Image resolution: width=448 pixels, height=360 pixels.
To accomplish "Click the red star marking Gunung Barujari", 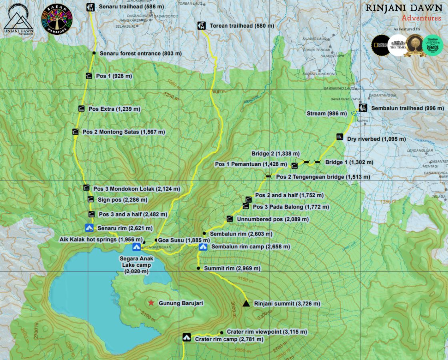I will (x=151, y=303).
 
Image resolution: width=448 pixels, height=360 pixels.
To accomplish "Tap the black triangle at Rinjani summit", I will (x=246, y=304).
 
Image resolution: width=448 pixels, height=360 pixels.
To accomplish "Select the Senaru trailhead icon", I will (x=90, y=7).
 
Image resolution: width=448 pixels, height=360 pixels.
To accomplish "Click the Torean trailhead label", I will (x=242, y=26).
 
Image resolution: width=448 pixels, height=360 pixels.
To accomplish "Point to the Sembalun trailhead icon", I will (x=363, y=108).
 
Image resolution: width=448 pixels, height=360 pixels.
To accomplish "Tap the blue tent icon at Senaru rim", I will (x=89, y=228).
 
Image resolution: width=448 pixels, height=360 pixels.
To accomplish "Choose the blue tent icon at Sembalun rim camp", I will (x=203, y=247).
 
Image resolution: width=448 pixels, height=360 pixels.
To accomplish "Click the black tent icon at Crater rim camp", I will (x=186, y=337).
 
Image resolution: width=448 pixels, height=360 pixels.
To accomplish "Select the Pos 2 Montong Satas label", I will (x=124, y=132).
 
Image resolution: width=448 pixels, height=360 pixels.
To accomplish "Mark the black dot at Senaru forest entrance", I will (x=94, y=53).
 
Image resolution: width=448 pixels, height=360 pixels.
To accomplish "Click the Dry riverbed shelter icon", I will (x=340, y=137).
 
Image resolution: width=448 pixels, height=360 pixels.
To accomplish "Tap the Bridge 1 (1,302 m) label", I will (x=349, y=162).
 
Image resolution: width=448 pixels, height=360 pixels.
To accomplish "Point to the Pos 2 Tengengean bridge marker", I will (x=268, y=176).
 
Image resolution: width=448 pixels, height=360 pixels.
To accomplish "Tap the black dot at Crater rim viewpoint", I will (x=222, y=332).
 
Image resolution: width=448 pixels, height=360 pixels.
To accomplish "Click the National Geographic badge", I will (x=379, y=44).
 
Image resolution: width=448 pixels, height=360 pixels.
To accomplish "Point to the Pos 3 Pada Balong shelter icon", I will (x=246, y=206).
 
